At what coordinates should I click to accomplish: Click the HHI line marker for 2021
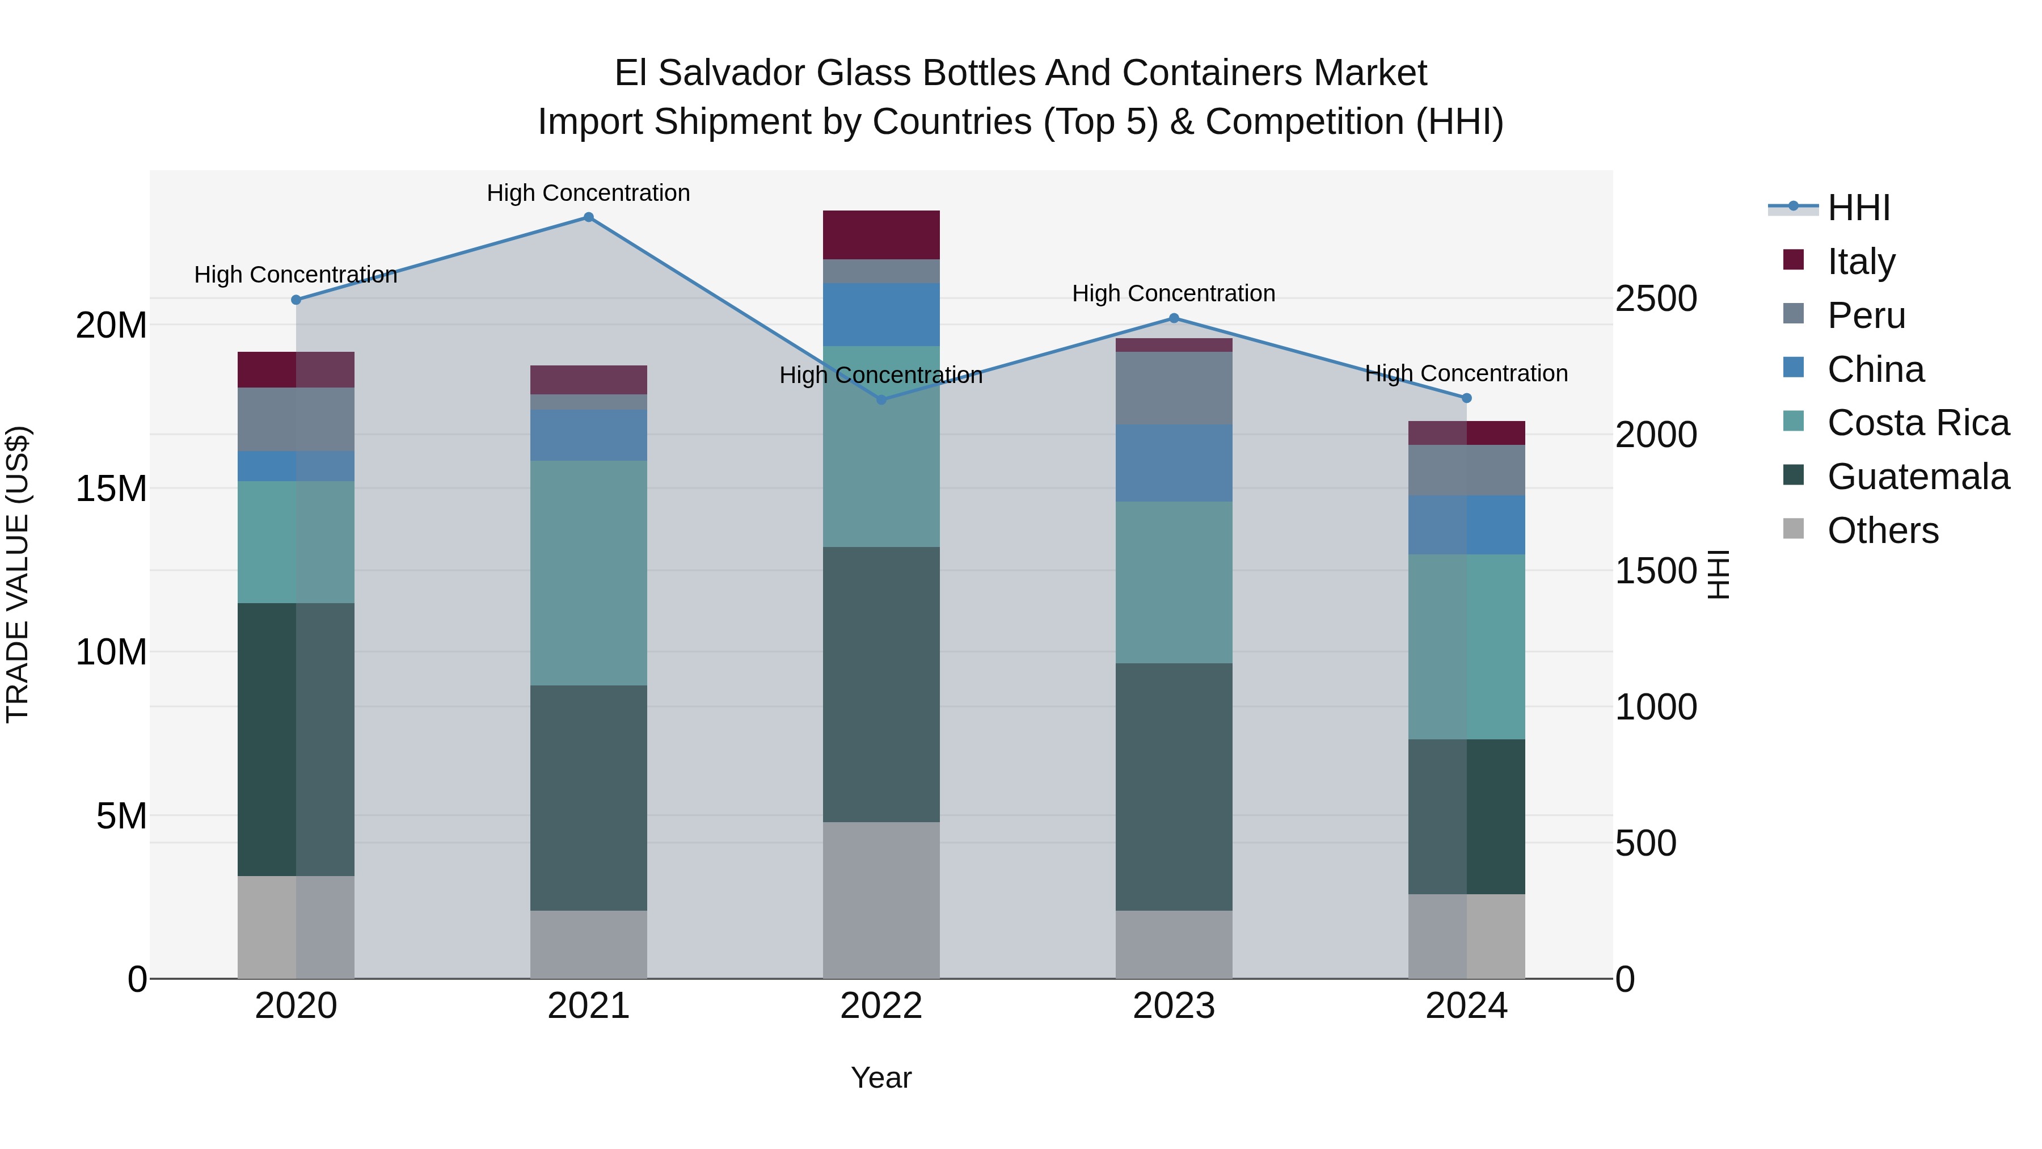588,217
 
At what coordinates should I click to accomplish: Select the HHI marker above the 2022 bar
881,399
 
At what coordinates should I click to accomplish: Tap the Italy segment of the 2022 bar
881,235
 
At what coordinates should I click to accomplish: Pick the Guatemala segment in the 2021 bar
588,797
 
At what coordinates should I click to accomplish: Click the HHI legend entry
1858,208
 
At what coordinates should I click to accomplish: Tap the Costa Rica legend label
1918,423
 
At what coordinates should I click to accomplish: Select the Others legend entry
1882,531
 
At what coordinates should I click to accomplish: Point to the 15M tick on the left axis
111,489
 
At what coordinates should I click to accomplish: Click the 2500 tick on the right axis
1656,299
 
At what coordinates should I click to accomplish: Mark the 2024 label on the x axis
1466,1006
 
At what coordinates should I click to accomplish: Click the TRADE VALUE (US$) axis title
18,574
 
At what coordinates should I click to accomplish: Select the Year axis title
881,1078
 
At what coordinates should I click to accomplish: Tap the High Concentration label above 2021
588,193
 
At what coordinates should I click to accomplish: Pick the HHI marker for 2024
1466,398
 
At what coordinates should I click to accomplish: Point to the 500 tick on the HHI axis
1646,843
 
